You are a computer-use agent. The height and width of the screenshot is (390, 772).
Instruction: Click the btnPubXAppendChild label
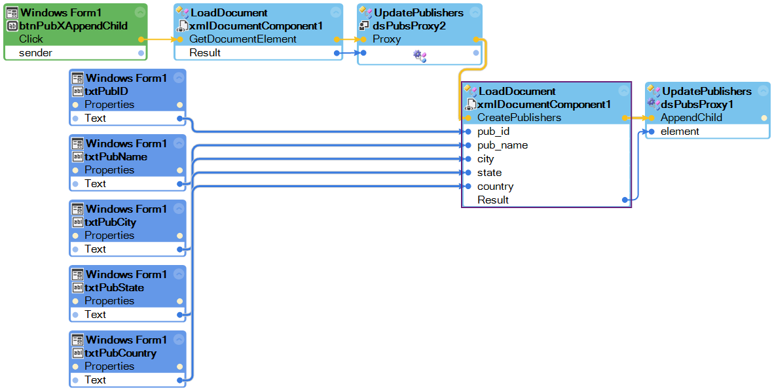click(x=73, y=26)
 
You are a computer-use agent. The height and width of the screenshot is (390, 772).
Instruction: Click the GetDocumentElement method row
click(x=242, y=39)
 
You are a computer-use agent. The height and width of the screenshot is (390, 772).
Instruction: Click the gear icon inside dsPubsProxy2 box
click(x=419, y=56)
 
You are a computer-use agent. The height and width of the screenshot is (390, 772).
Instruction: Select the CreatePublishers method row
click(x=519, y=118)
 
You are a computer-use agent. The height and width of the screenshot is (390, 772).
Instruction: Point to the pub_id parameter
click(x=493, y=132)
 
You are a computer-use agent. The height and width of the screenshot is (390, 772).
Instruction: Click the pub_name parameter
click(x=502, y=145)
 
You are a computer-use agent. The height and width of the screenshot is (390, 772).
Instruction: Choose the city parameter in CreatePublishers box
click(x=485, y=159)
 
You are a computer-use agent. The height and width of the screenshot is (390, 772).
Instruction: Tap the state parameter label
click(x=489, y=173)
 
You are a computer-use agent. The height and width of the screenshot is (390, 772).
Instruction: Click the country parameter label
click(x=495, y=186)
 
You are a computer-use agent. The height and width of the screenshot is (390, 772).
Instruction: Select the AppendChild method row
click(x=691, y=118)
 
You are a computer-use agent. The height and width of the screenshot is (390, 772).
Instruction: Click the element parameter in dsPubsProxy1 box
click(x=680, y=132)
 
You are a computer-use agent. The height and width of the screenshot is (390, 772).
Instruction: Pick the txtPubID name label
click(x=106, y=92)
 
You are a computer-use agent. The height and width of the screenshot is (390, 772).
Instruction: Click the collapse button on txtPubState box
click(x=179, y=274)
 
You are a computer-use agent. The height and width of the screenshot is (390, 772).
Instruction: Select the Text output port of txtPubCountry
click(x=179, y=380)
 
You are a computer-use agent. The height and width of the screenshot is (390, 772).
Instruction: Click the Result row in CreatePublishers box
click(x=492, y=200)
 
